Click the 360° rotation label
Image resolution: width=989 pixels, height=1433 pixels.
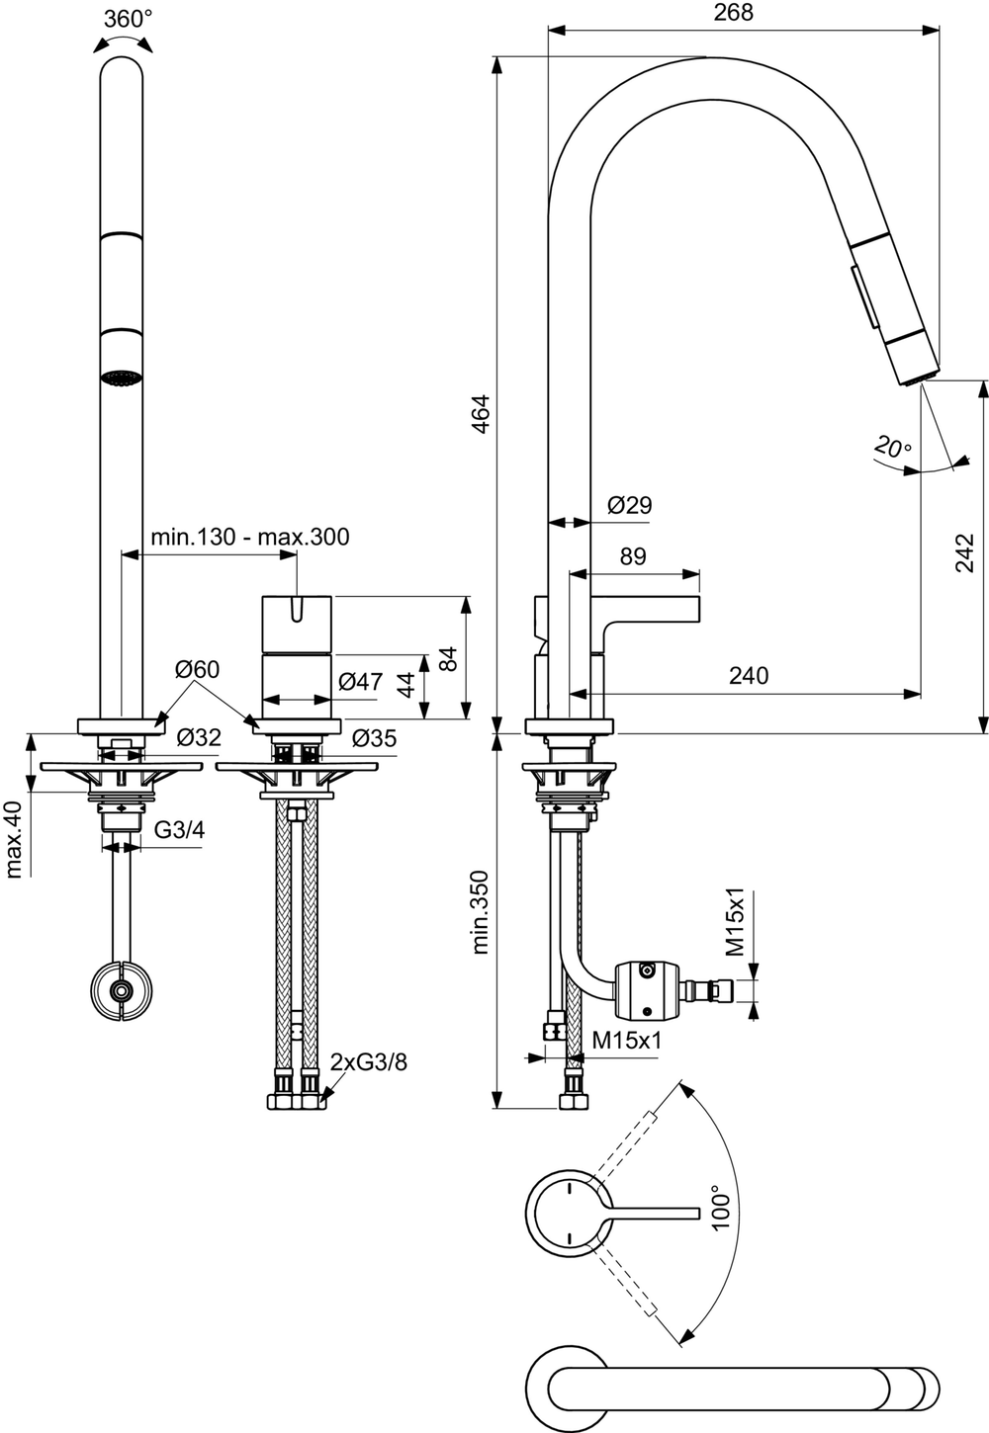128,19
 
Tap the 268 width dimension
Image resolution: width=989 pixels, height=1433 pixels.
733,12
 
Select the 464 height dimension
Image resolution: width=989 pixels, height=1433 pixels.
480,415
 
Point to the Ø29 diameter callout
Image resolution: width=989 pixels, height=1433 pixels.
629,505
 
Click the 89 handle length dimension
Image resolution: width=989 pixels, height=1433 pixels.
632,556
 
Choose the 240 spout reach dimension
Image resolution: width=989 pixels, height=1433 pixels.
749,675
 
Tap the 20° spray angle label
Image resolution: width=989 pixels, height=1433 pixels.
892,447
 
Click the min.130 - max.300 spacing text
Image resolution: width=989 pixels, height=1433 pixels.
249,537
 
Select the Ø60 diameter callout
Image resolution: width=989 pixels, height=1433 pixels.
197,669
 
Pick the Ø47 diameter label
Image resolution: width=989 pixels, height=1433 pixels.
360,681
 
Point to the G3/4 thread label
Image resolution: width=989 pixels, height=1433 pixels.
179,829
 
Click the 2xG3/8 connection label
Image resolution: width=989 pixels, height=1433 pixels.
369,1062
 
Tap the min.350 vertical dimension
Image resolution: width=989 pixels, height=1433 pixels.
480,911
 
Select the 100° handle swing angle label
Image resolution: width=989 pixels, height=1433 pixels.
722,1207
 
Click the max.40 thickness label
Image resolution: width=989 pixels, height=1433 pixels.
14,838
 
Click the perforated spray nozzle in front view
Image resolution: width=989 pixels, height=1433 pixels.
122,378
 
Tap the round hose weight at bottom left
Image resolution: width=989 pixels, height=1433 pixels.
122,989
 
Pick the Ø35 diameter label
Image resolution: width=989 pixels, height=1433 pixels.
373,737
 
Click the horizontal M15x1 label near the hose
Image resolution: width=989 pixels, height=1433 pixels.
627,1040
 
